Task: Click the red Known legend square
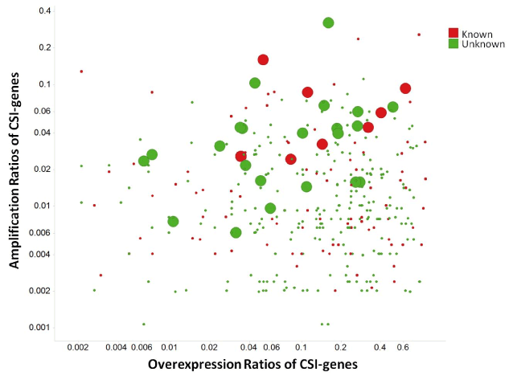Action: pyautogui.click(x=454, y=33)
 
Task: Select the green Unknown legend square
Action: pyautogui.click(x=454, y=43)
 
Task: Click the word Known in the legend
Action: pyautogui.click(x=476, y=33)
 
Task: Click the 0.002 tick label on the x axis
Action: pyautogui.click(x=78, y=347)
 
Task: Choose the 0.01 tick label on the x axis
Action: pyautogui.click(x=169, y=347)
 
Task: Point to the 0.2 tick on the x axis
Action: pyautogui.click(x=340, y=347)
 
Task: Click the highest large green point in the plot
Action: pyautogui.click(x=328, y=22)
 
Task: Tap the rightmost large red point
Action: pyautogui.click(x=405, y=88)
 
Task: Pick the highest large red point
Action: pyautogui.click(x=263, y=59)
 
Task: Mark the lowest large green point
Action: pyautogui.click(x=236, y=233)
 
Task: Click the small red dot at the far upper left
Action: pyautogui.click(x=81, y=72)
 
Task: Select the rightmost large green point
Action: pyautogui.click(x=393, y=107)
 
